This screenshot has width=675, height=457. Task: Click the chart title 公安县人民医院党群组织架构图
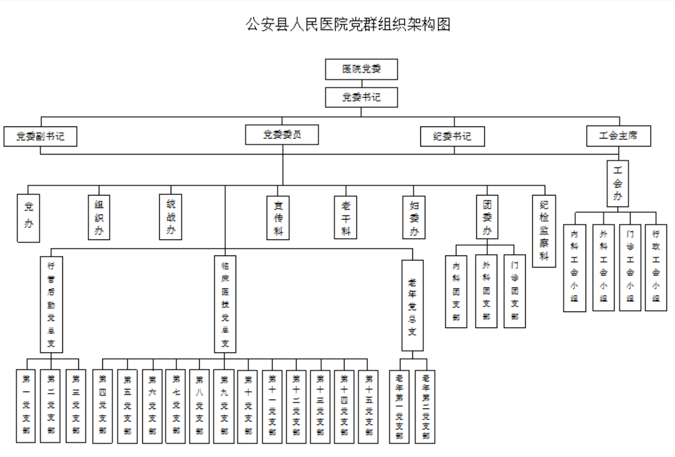click(348, 24)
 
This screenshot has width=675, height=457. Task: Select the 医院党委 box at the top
click(361, 69)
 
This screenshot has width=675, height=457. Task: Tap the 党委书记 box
click(361, 97)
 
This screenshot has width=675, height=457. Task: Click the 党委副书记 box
click(40, 136)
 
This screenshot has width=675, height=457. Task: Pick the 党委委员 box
click(282, 134)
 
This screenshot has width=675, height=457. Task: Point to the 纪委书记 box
click(452, 136)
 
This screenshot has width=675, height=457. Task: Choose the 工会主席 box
click(618, 135)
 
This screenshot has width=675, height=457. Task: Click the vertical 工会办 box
click(618, 183)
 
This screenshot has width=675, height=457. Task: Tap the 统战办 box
click(171, 217)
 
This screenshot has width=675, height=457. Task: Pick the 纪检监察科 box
click(544, 230)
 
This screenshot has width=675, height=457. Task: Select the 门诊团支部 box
click(514, 291)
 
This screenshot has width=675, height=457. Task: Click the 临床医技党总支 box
click(225, 304)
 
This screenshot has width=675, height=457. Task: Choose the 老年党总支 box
click(412, 305)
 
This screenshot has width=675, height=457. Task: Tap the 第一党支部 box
click(26, 405)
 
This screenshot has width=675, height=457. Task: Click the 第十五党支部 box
click(368, 405)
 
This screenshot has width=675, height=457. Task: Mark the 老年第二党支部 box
click(425, 406)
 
